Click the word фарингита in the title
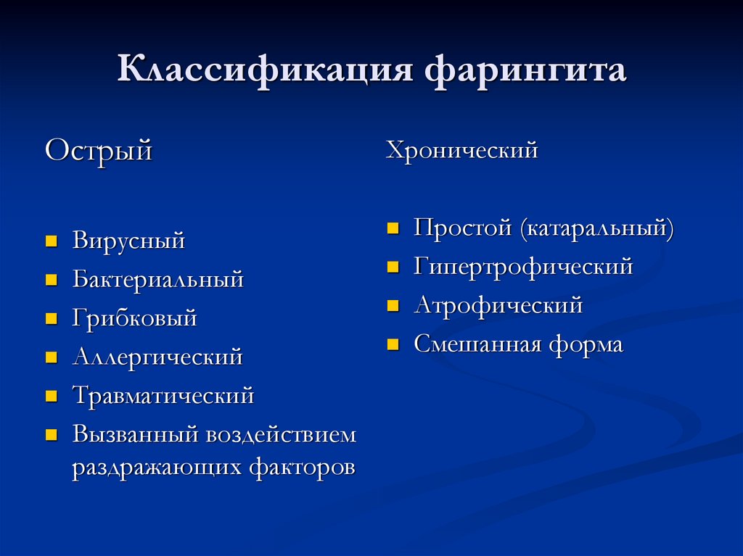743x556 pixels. pos(525,70)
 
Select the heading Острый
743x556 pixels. pos(99,152)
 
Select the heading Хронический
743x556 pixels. pos(461,151)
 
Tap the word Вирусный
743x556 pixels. pos(128,241)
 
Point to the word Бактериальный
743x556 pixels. pos(157,279)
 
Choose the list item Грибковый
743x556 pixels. pos(134,318)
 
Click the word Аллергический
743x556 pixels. pos(157,357)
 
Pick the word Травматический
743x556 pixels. pos(163,396)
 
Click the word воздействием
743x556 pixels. pos(281,435)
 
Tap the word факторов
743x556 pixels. pos(303,468)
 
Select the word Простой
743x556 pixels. pos(462,228)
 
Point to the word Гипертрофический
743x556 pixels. pos(523,267)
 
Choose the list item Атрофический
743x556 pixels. pos(498,305)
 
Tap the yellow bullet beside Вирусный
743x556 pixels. pos(52,241)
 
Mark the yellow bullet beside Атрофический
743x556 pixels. pos(393,305)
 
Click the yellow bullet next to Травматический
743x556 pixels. pos(52,396)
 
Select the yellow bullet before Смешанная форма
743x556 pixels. pos(393,344)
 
